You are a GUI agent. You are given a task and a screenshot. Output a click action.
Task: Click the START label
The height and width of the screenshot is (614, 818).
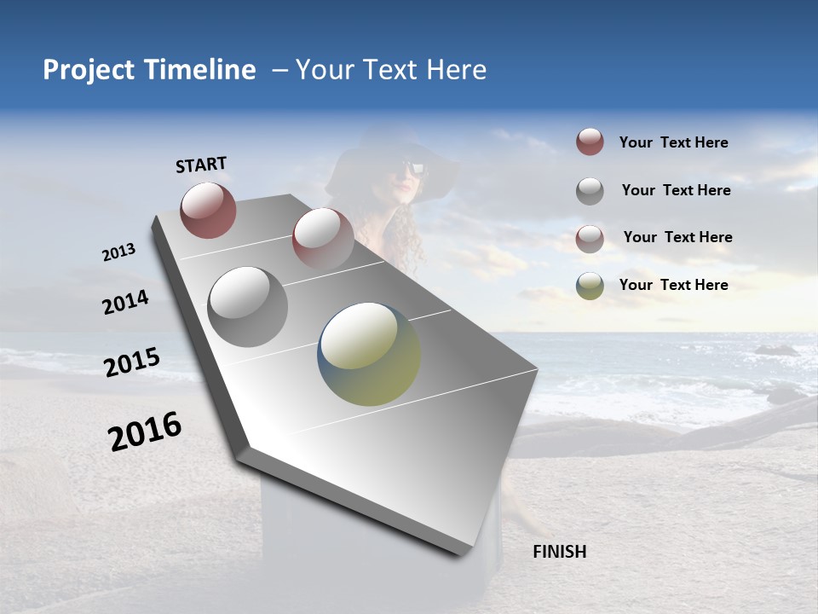pyautogui.click(x=201, y=165)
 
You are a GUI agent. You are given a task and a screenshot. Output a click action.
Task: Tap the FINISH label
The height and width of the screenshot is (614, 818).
pyautogui.click(x=559, y=552)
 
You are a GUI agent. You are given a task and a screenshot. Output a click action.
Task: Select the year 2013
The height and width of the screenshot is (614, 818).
pyautogui.click(x=119, y=252)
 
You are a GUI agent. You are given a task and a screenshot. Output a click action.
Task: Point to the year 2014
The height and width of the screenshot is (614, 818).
pyautogui.click(x=126, y=303)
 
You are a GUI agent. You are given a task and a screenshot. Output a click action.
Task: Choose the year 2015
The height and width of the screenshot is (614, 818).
pyautogui.click(x=132, y=362)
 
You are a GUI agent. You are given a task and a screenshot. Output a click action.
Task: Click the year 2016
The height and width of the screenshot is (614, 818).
pyautogui.click(x=145, y=431)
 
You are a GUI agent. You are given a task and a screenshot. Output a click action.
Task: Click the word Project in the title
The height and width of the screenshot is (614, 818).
pyautogui.click(x=89, y=70)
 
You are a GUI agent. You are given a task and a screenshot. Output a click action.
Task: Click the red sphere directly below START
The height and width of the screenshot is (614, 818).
pyautogui.click(x=208, y=210)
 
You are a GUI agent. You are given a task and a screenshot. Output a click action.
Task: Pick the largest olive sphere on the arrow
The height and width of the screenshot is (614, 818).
pyautogui.click(x=369, y=354)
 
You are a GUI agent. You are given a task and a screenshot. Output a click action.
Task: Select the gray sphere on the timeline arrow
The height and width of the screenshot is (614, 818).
pyautogui.click(x=248, y=307)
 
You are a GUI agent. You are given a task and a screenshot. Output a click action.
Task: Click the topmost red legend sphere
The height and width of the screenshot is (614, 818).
pyautogui.click(x=590, y=142)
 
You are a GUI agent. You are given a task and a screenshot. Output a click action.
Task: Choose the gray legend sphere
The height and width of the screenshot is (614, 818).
pyautogui.click(x=590, y=191)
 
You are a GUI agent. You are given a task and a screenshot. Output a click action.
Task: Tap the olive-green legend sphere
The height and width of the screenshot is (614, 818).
pyautogui.click(x=590, y=286)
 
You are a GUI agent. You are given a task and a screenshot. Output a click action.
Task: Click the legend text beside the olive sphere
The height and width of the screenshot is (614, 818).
pyautogui.click(x=673, y=285)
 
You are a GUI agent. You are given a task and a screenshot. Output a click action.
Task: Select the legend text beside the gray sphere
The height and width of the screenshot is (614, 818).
pyautogui.click(x=676, y=190)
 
